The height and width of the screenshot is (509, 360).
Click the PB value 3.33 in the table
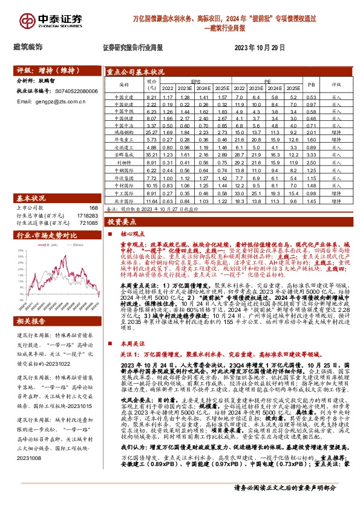coord(311,154)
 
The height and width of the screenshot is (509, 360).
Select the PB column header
coord(311,85)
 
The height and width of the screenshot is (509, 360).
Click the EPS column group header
coord(196,81)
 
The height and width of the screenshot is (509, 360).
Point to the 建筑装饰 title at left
coord(28,47)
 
